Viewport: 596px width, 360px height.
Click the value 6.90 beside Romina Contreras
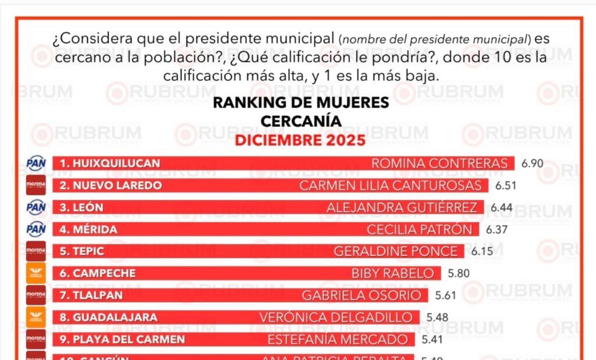click(x=532, y=163)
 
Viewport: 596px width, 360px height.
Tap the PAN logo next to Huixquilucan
click(x=36, y=163)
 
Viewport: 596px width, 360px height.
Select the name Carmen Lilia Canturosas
click(x=391, y=186)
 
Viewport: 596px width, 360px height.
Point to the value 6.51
click(x=506, y=186)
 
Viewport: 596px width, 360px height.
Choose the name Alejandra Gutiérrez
click(x=402, y=207)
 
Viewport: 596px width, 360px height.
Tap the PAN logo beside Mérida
click(x=36, y=229)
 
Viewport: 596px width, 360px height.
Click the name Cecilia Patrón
click(x=420, y=229)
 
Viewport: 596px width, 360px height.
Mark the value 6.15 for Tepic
click(x=482, y=251)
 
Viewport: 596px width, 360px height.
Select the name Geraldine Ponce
click(x=396, y=251)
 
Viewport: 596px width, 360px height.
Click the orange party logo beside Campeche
click(x=36, y=273)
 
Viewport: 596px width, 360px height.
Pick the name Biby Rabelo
click(x=392, y=273)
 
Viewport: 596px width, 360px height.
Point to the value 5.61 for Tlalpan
click(x=446, y=295)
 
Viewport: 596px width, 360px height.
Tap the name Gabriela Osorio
click(x=361, y=295)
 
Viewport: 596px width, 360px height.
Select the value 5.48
click(x=438, y=318)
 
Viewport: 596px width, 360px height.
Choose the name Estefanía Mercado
click(x=338, y=339)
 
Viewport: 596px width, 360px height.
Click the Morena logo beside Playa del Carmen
click(x=36, y=339)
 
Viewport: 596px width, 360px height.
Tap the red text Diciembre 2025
click(x=300, y=140)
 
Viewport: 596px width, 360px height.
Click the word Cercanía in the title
click(x=300, y=121)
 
